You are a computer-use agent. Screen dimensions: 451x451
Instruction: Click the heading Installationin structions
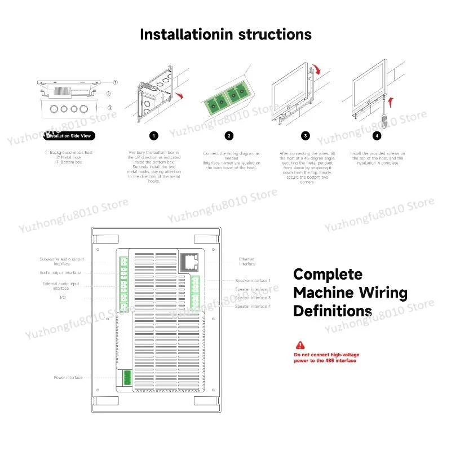pos(225,34)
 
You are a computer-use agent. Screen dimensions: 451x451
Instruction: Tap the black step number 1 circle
pos(154,135)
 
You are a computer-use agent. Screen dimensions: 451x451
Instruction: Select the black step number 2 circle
pos(229,135)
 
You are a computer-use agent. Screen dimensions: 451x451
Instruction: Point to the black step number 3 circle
pos(305,135)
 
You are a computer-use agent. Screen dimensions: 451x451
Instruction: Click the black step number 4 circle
pos(377,135)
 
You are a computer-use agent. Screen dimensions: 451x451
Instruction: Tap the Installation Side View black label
pos(68,135)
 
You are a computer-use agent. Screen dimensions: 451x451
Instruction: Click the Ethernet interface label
pos(247,262)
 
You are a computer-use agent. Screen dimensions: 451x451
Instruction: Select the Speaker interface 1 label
pos(253,280)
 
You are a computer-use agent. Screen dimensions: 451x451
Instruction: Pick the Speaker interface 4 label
pos(253,306)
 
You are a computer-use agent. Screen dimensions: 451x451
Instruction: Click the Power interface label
pos(68,377)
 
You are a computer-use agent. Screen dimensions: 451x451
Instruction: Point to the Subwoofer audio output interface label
pos(62,261)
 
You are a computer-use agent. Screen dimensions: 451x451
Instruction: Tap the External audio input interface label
pos(61,286)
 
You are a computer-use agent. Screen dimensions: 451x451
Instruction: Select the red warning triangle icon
pos(299,345)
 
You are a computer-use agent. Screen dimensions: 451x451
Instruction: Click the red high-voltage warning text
pos(325,357)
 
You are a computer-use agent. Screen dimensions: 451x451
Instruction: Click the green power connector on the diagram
pos(125,377)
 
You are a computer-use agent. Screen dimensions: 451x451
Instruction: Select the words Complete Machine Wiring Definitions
pos(350,293)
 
